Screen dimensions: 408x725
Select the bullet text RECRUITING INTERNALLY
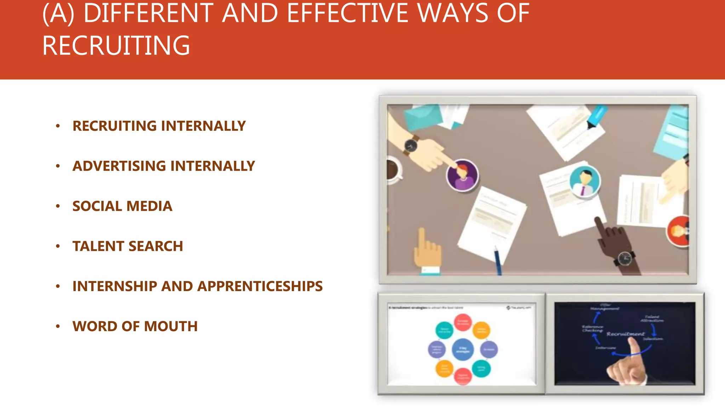(159, 126)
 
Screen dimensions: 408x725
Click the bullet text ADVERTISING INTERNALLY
(164, 166)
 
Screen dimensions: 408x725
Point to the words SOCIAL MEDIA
(122, 206)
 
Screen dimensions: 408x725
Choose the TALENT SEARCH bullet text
(127, 246)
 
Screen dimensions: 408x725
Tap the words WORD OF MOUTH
(135, 326)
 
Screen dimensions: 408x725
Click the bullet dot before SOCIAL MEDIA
(58, 206)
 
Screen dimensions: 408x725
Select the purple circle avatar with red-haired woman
(462, 175)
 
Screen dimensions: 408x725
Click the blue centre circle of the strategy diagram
(463, 349)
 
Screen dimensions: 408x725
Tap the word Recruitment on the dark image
(626, 334)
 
